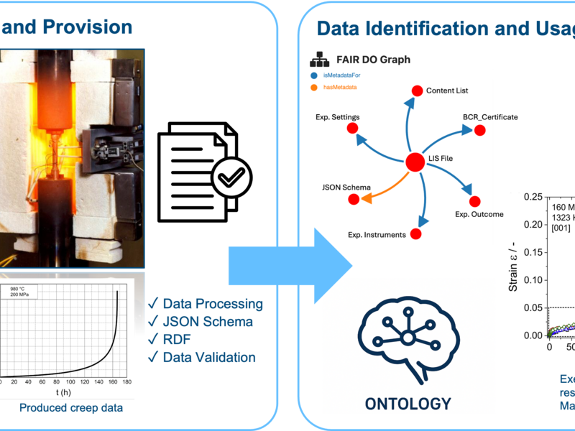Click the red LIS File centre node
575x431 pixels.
point(414,163)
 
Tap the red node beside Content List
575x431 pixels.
point(416,91)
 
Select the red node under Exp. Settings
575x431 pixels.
point(352,128)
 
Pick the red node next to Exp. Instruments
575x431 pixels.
point(416,234)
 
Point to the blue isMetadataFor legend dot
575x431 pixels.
point(314,75)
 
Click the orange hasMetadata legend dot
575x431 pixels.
point(314,88)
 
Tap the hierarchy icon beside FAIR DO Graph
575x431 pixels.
point(317,60)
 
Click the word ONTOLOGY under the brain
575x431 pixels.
point(408,403)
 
